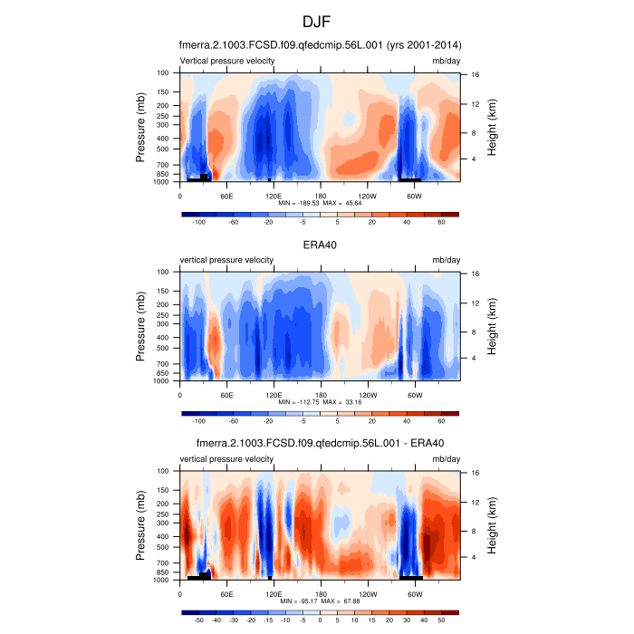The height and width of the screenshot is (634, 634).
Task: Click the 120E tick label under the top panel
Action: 274,194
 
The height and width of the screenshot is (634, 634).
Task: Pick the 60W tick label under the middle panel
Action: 414,393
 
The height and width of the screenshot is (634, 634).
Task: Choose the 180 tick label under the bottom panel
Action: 320,592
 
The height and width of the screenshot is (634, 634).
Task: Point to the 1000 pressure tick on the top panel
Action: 163,181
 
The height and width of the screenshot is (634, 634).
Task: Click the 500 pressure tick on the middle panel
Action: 165,348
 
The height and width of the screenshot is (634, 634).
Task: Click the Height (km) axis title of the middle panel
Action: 492,326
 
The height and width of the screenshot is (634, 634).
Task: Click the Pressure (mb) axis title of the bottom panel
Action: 141,525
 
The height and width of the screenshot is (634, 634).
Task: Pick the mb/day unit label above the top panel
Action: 445,61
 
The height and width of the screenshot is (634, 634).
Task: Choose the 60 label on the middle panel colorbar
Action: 441,421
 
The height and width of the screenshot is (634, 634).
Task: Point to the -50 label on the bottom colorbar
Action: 198,620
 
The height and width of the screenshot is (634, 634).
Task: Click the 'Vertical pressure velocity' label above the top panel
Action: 227,61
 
